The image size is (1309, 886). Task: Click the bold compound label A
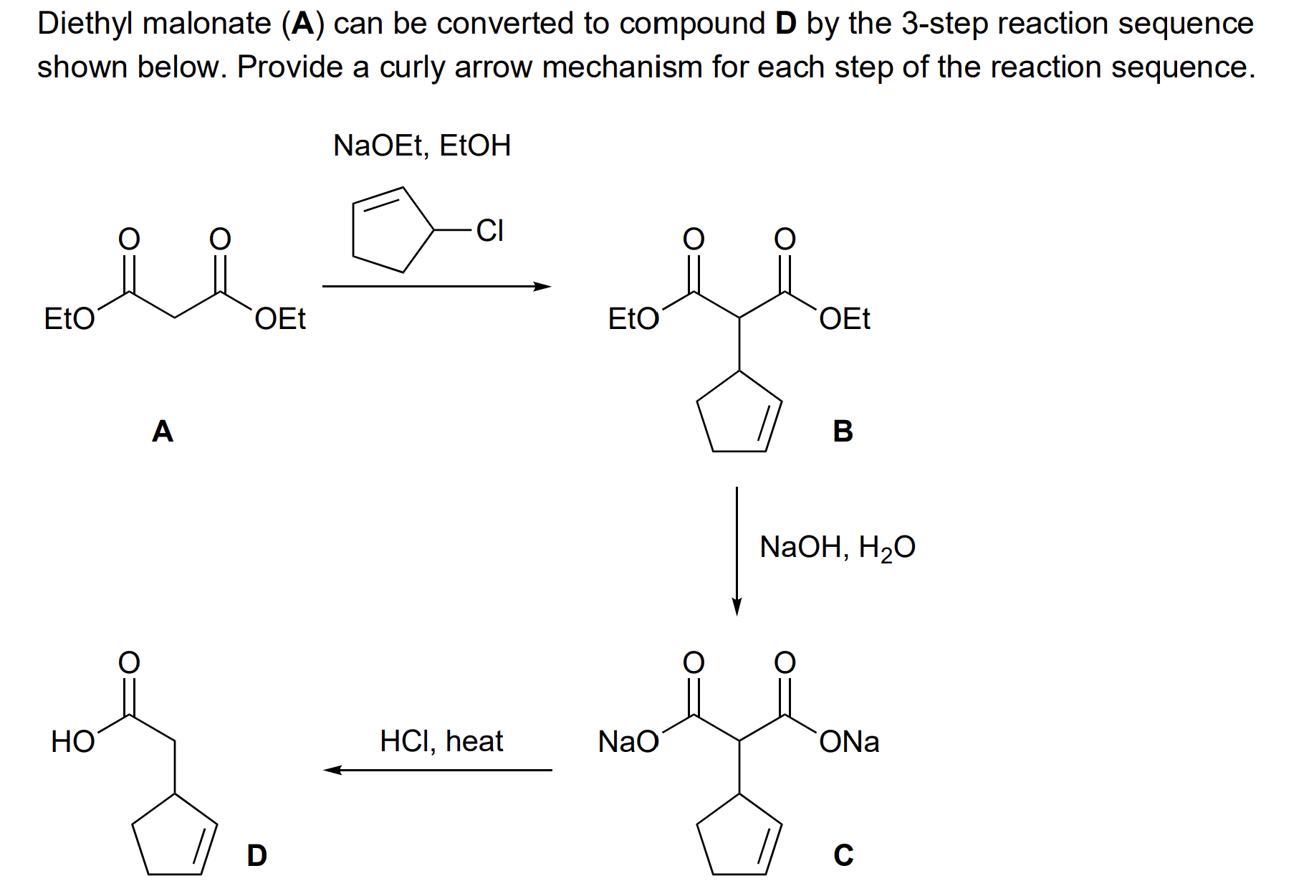(163, 432)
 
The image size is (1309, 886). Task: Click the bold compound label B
(843, 432)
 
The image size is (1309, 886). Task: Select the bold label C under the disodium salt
(843, 855)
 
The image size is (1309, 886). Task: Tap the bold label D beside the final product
(256, 855)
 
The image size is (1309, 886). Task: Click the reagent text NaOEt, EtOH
(422, 146)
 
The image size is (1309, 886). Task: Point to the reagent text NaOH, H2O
(837, 548)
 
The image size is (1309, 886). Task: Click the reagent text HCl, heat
(441, 740)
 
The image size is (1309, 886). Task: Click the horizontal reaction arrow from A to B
(436, 287)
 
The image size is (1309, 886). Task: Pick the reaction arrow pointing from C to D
(438, 770)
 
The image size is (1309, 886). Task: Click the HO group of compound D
(72, 742)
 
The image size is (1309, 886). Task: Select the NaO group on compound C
(628, 742)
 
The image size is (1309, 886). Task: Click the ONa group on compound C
(850, 742)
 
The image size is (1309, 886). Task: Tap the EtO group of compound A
(69, 319)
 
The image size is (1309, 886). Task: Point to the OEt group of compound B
(845, 319)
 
